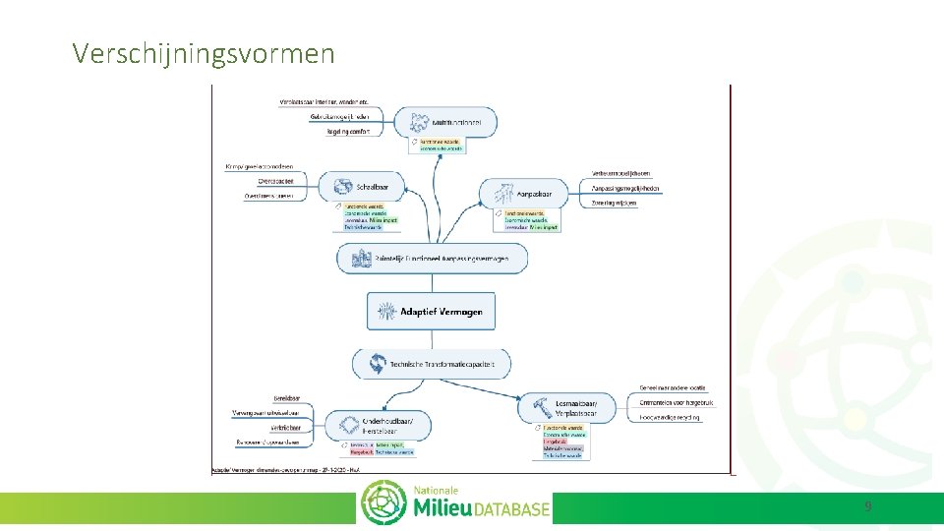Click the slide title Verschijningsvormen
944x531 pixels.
tap(204, 53)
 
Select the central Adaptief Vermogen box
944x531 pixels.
tap(432, 312)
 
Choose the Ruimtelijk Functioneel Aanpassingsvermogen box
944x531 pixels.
tap(432, 259)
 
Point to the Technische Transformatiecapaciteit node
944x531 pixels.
tap(432, 365)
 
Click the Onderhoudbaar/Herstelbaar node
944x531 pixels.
tap(383, 426)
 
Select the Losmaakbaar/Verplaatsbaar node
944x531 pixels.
tap(569, 408)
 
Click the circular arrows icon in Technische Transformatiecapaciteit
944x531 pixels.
tap(377, 365)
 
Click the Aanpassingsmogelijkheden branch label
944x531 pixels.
tap(625, 188)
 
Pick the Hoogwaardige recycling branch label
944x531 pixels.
tap(672, 417)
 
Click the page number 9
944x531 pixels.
tap(867, 506)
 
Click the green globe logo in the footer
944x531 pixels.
tap(383, 504)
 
